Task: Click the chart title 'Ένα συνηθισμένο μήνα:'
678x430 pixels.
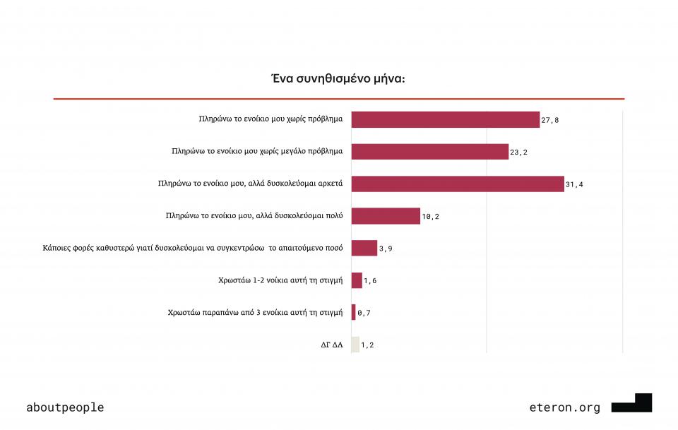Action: click(338, 78)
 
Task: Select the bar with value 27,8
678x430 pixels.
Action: click(445, 119)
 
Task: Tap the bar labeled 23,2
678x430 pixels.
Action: click(429, 152)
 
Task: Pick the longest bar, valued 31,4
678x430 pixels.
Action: click(457, 184)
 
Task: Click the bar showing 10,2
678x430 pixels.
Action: click(385, 216)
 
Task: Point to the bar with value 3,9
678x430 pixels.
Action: click(364, 248)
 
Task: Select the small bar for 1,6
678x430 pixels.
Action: click(356, 280)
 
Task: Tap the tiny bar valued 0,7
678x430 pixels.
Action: click(353, 312)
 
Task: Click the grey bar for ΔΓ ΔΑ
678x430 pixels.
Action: click(355, 345)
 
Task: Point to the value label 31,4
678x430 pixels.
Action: click(574, 184)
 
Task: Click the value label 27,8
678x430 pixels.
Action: click(550, 120)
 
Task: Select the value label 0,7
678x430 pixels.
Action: click(364, 313)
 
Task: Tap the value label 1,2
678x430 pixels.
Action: click(368, 345)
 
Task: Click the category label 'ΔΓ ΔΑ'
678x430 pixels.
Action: click(331, 345)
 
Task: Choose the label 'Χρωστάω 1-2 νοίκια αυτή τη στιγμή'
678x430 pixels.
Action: click(280, 280)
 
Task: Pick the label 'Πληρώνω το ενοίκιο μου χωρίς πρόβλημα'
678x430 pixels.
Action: click(270, 119)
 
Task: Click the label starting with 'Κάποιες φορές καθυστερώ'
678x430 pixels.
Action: click(193, 248)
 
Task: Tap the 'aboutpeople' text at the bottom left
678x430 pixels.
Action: click(65, 407)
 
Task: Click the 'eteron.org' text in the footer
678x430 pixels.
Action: click(564, 407)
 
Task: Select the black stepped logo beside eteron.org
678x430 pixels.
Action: click(632, 403)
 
